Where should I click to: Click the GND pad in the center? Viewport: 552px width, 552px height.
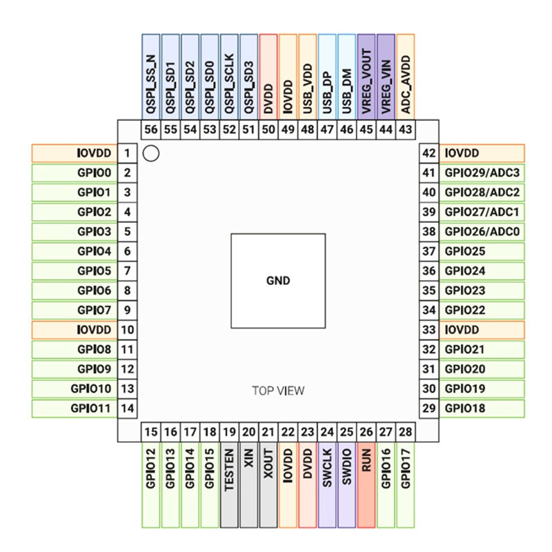[277, 281]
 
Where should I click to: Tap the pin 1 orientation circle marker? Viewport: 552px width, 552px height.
[151, 153]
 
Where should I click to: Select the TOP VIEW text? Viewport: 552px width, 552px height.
[277, 391]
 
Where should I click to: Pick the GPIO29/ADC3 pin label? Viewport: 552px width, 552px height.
[482, 172]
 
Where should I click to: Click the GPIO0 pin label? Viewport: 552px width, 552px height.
[95, 172]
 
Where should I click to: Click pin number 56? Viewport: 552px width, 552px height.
[151, 130]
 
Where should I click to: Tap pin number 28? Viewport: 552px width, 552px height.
[406, 432]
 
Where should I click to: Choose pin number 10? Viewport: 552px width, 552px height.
[127, 331]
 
